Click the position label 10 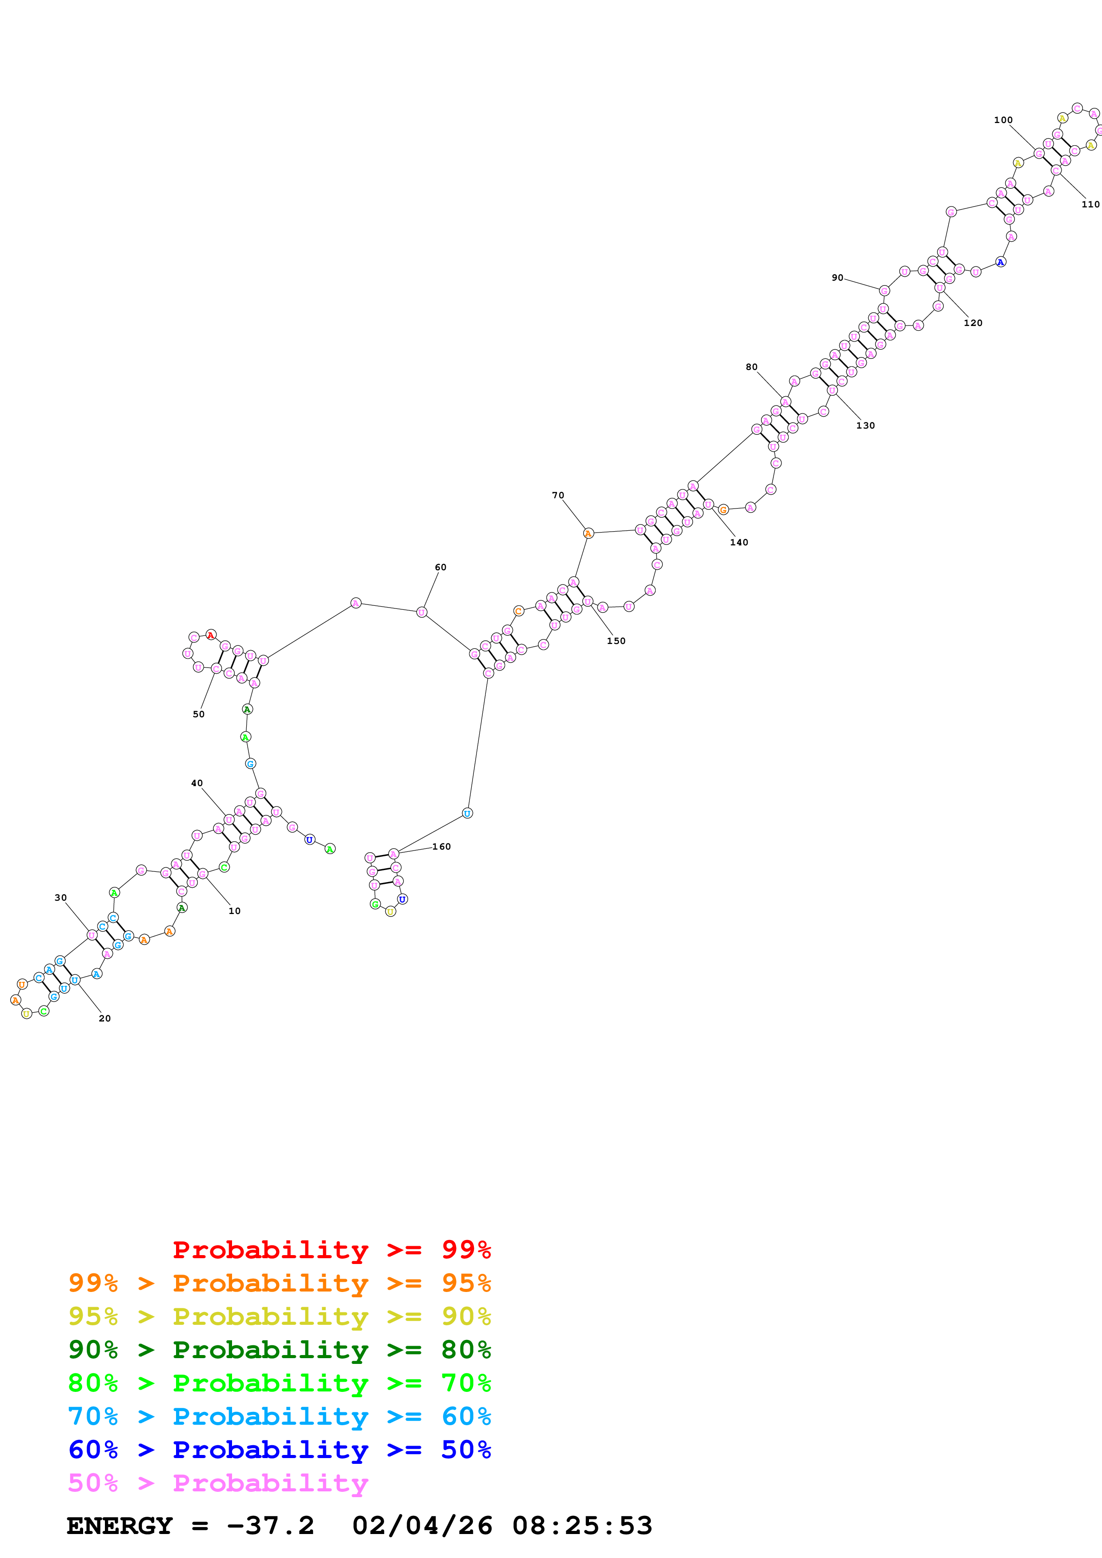point(234,910)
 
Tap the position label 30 point(60,897)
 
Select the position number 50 point(198,714)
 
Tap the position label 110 point(1090,204)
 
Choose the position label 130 point(865,425)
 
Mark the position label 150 point(616,640)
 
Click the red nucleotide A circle point(210,635)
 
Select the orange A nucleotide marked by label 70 point(588,533)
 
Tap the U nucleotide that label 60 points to point(422,612)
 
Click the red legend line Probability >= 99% point(331,1250)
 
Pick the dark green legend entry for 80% point(279,1350)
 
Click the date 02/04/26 point(422,1526)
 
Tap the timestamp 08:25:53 point(582,1526)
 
